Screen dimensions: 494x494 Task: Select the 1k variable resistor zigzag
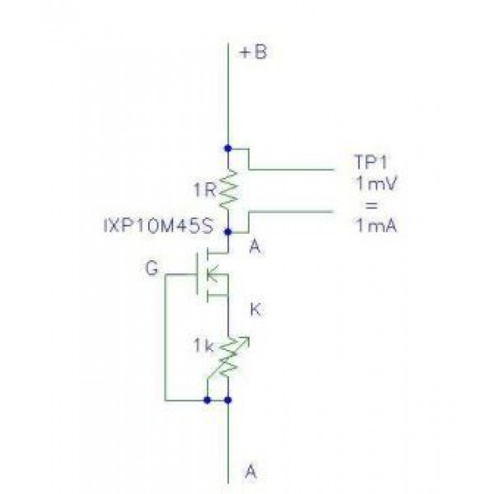coord(227,357)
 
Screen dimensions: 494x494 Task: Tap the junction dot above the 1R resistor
coord(227,148)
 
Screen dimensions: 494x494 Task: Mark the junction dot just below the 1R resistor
coord(227,232)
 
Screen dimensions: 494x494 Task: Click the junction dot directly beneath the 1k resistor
coord(227,401)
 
